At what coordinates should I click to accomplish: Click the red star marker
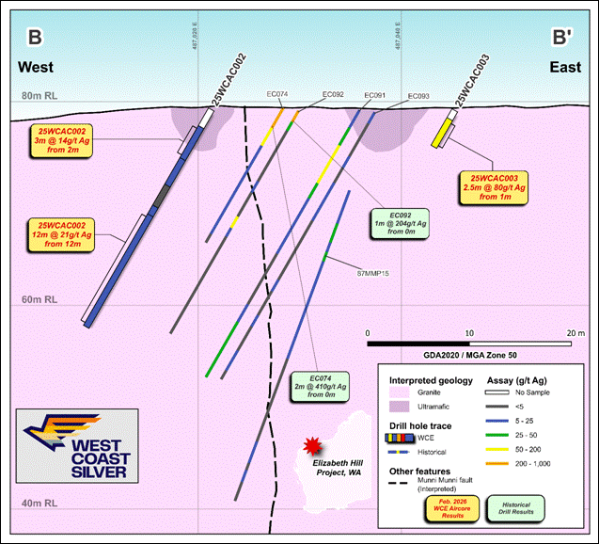tap(311, 445)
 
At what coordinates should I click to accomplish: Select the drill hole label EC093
tap(418, 96)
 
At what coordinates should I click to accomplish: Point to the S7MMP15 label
tap(374, 273)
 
